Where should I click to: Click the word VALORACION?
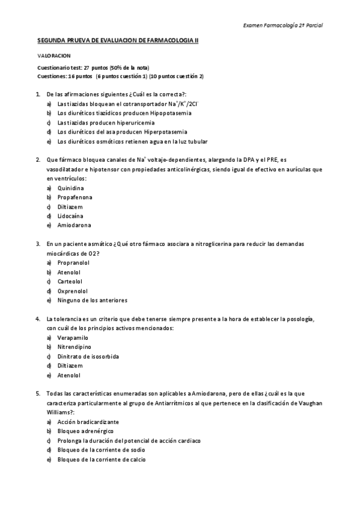coord(53,55)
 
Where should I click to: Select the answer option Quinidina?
coord(71,188)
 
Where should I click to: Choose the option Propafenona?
coord(75,197)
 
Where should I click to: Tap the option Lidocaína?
coord(70,215)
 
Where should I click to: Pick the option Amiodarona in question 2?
coord(74,225)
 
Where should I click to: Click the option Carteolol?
coord(70,281)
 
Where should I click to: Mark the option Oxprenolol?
coord(73,290)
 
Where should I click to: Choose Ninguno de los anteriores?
coord(92,300)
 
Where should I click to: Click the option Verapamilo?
coord(73,338)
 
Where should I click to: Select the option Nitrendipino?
coord(75,347)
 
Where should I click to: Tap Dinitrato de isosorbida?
coord(88,357)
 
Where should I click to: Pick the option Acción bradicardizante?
coord(88,422)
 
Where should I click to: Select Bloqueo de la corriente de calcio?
coord(101,459)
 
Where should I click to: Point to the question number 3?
coord(38,244)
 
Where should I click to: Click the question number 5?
coord(38,393)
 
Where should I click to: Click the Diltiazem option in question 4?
coord(70,366)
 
